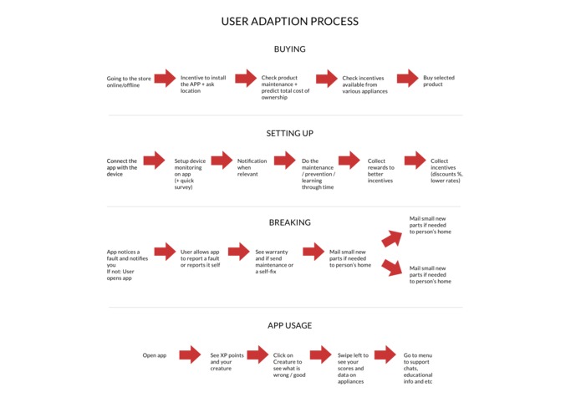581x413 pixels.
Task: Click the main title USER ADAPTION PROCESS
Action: coord(290,22)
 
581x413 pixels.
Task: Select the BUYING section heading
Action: coord(290,49)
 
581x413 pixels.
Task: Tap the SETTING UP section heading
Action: coord(290,133)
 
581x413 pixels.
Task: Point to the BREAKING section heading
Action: coord(290,222)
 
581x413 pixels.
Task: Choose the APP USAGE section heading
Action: coord(290,325)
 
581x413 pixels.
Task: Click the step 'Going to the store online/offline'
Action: coord(129,82)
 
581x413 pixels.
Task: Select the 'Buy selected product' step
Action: coord(439,81)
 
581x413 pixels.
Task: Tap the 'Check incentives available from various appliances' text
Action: coord(365,84)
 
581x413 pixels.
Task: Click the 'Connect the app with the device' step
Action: coord(122,167)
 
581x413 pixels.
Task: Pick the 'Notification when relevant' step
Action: coord(252,167)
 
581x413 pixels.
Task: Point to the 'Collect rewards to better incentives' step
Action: coord(381,171)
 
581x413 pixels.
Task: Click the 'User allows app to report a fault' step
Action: coord(200,258)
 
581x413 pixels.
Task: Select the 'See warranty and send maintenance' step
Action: coord(274,262)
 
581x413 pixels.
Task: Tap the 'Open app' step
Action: coord(155,355)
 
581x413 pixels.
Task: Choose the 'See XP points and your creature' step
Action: coord(227,362)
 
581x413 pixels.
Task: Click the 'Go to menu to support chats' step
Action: coord(418,369)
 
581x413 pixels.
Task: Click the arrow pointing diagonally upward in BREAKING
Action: coord(392,238)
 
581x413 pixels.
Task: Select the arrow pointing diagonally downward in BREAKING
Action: coord(392,268)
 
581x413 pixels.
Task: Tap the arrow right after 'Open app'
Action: coord(190,354)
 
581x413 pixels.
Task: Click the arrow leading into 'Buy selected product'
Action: coord(408,78)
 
